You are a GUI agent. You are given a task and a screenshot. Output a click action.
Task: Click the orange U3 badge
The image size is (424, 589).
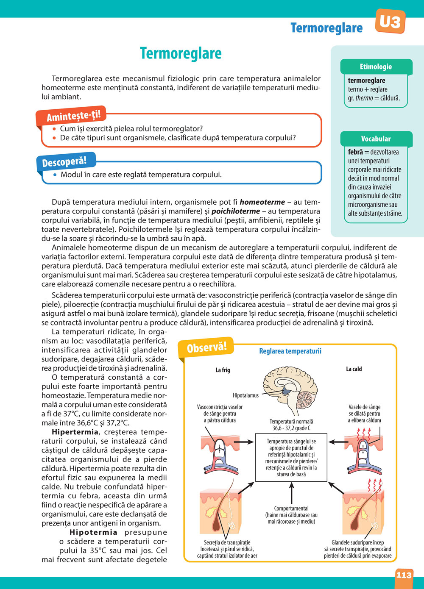point(390,21)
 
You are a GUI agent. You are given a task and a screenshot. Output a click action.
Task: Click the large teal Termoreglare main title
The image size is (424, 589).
point(181,53)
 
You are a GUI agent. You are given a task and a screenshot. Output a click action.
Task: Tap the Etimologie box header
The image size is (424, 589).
point(376,67)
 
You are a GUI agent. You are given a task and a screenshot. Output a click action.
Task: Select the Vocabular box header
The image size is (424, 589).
point(376,139)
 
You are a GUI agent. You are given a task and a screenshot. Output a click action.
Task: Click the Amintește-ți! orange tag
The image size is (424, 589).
point(70,115)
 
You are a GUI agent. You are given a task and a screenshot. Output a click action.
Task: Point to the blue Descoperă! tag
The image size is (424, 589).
point(64,161)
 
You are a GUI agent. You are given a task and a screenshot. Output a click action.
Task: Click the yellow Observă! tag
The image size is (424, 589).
point(207,347)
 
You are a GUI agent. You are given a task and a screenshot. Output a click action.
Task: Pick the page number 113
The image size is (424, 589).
point(404,575)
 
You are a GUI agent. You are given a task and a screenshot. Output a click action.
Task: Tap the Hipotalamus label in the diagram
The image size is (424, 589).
point(245,395)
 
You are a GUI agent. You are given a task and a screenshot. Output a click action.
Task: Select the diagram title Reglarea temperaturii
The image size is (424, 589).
point(290,351)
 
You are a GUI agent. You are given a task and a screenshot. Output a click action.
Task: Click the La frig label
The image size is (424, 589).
point(223,370)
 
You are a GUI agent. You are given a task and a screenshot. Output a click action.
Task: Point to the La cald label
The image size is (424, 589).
point(354,369)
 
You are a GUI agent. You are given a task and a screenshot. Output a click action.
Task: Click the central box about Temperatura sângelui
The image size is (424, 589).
point(291,458)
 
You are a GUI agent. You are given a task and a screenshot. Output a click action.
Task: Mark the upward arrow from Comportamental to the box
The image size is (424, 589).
point(291,493)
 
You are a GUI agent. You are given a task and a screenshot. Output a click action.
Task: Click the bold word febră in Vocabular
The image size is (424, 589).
point(355,152)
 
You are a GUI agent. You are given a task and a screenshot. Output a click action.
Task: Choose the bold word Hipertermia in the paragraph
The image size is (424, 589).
point(75,432)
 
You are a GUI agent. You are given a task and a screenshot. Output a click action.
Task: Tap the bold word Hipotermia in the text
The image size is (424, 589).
point(93,532)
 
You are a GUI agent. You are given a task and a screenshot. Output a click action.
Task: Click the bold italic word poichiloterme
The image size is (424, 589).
point(236,211)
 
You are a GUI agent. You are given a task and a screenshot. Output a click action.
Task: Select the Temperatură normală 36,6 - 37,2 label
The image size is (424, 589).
point(291,425)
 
